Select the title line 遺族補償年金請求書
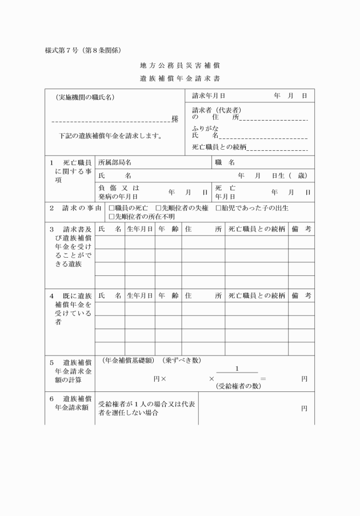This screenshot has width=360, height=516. pyautogui.click(x=180, y=78)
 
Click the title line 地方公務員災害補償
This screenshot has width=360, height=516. pyautogui.click(x=180, y=66)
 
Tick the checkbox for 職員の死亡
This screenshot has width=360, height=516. pyautogui.click(x=111, y=208)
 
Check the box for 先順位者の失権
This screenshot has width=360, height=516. pyautogui.click(x=159, y=208)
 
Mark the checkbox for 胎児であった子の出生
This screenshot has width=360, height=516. pyautogui.click(x=218, y=208)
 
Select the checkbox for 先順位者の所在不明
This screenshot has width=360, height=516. pyautogui.click(x=111, y=217)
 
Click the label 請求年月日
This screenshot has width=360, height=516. pyautogui.click(x=209, y=95)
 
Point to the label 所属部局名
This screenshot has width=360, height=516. pyautogui.click(x=115, y=163)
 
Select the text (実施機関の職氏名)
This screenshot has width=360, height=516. pyautogui.click(x=86, y=97)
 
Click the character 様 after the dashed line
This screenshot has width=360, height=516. pyautogui.click(x=175, y=119)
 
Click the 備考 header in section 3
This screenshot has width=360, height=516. pyautogui.click(x=301, y=229)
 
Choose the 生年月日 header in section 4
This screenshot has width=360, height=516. pyautogui.click(x=139, y=295)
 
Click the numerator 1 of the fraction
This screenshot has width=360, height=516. pyautogui.click(x=237, y=368)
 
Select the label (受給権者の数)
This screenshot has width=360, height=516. pyautogui.click(x=238, y=386)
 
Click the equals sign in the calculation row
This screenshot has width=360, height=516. pyautogui.click(x=263, y=379)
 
